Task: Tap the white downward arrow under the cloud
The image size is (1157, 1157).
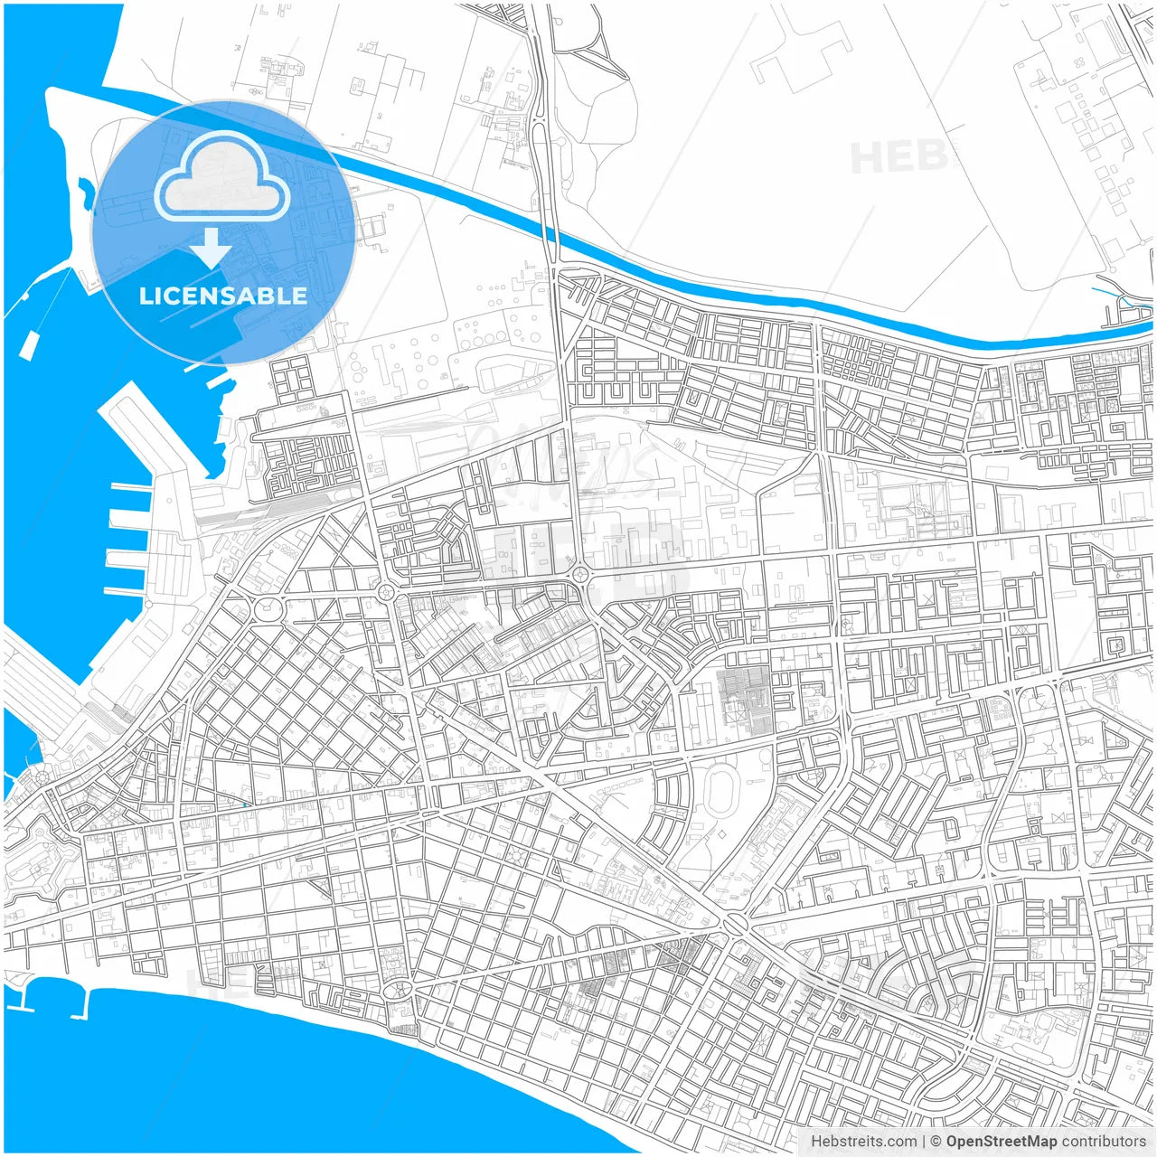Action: click(x=211, y=247)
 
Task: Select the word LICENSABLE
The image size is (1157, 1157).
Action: click(x=222, y=296)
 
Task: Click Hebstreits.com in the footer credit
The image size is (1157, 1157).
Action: click(x=863, y=1141)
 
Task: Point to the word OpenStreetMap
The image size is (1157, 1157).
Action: click(x=1002, y=1141)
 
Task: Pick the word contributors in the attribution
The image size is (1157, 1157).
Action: click(x=1104, y=1141)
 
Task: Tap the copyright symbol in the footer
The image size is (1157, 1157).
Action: click(x=936, y=1141)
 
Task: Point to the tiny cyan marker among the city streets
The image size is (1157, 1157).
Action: click(x=244, y=804)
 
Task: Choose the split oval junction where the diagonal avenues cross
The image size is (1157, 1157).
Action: click(x=734, y=924)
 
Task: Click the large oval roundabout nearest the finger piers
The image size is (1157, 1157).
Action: click(x=268, y=608)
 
